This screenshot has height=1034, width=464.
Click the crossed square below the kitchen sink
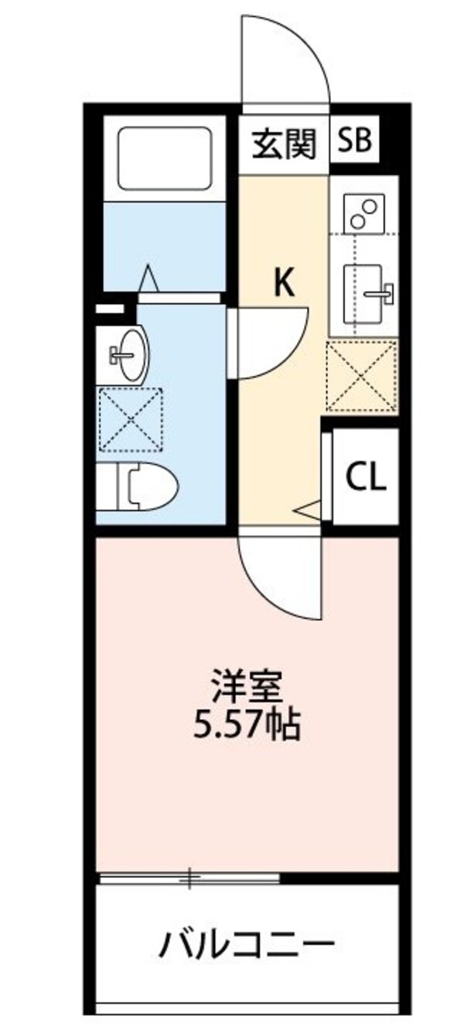point(362,376)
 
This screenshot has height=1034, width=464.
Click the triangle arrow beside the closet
point(310,510)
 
